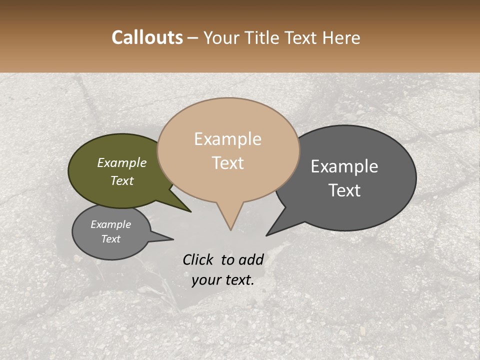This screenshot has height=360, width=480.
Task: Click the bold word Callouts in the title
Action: [147, 37]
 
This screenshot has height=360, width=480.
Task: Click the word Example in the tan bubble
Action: [228, 139]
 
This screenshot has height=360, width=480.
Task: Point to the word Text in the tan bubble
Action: [228, 163]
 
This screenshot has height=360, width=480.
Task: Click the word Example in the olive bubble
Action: [122, 162]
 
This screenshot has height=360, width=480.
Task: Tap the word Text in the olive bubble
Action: [122, 180]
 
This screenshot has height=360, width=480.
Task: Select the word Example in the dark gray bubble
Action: [344, 166]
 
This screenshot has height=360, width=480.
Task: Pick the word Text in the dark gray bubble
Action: [344, 190]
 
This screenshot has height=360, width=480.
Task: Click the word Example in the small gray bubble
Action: [111, 224]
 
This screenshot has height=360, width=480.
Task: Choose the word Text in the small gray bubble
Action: [111, 239]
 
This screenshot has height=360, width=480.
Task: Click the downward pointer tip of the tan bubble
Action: [230, 229]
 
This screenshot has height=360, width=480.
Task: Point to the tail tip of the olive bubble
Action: [190, 211]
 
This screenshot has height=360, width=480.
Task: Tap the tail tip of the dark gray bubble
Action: [266, 235]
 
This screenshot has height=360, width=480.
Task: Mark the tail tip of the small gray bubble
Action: [173, 239]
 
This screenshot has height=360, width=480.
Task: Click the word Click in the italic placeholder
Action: [198, 259]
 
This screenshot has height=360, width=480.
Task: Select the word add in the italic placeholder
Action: [251, 259]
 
